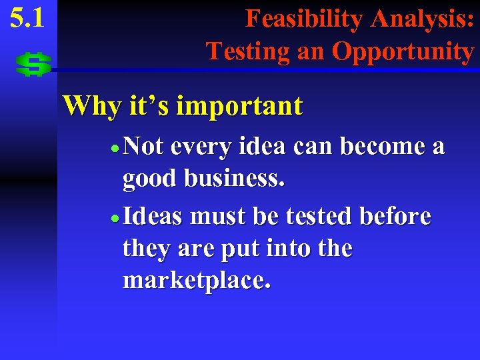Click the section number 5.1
tap(27, 18)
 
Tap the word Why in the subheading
tap(87, 105)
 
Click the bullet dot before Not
tap(116, 148)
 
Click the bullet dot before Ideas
tap(116, 217)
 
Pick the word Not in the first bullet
tap(143, 147)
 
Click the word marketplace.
tap(197, 281)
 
